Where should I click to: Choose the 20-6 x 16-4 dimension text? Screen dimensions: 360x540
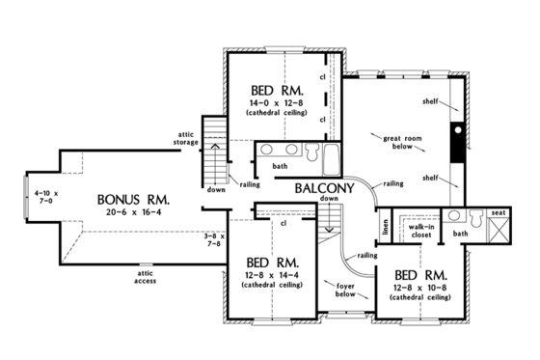point(133,217)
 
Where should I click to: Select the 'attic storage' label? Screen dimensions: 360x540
point(187,138)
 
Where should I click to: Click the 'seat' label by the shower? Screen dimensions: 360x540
point(499,212)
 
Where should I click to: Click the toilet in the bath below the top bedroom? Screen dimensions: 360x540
point(311,152)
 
